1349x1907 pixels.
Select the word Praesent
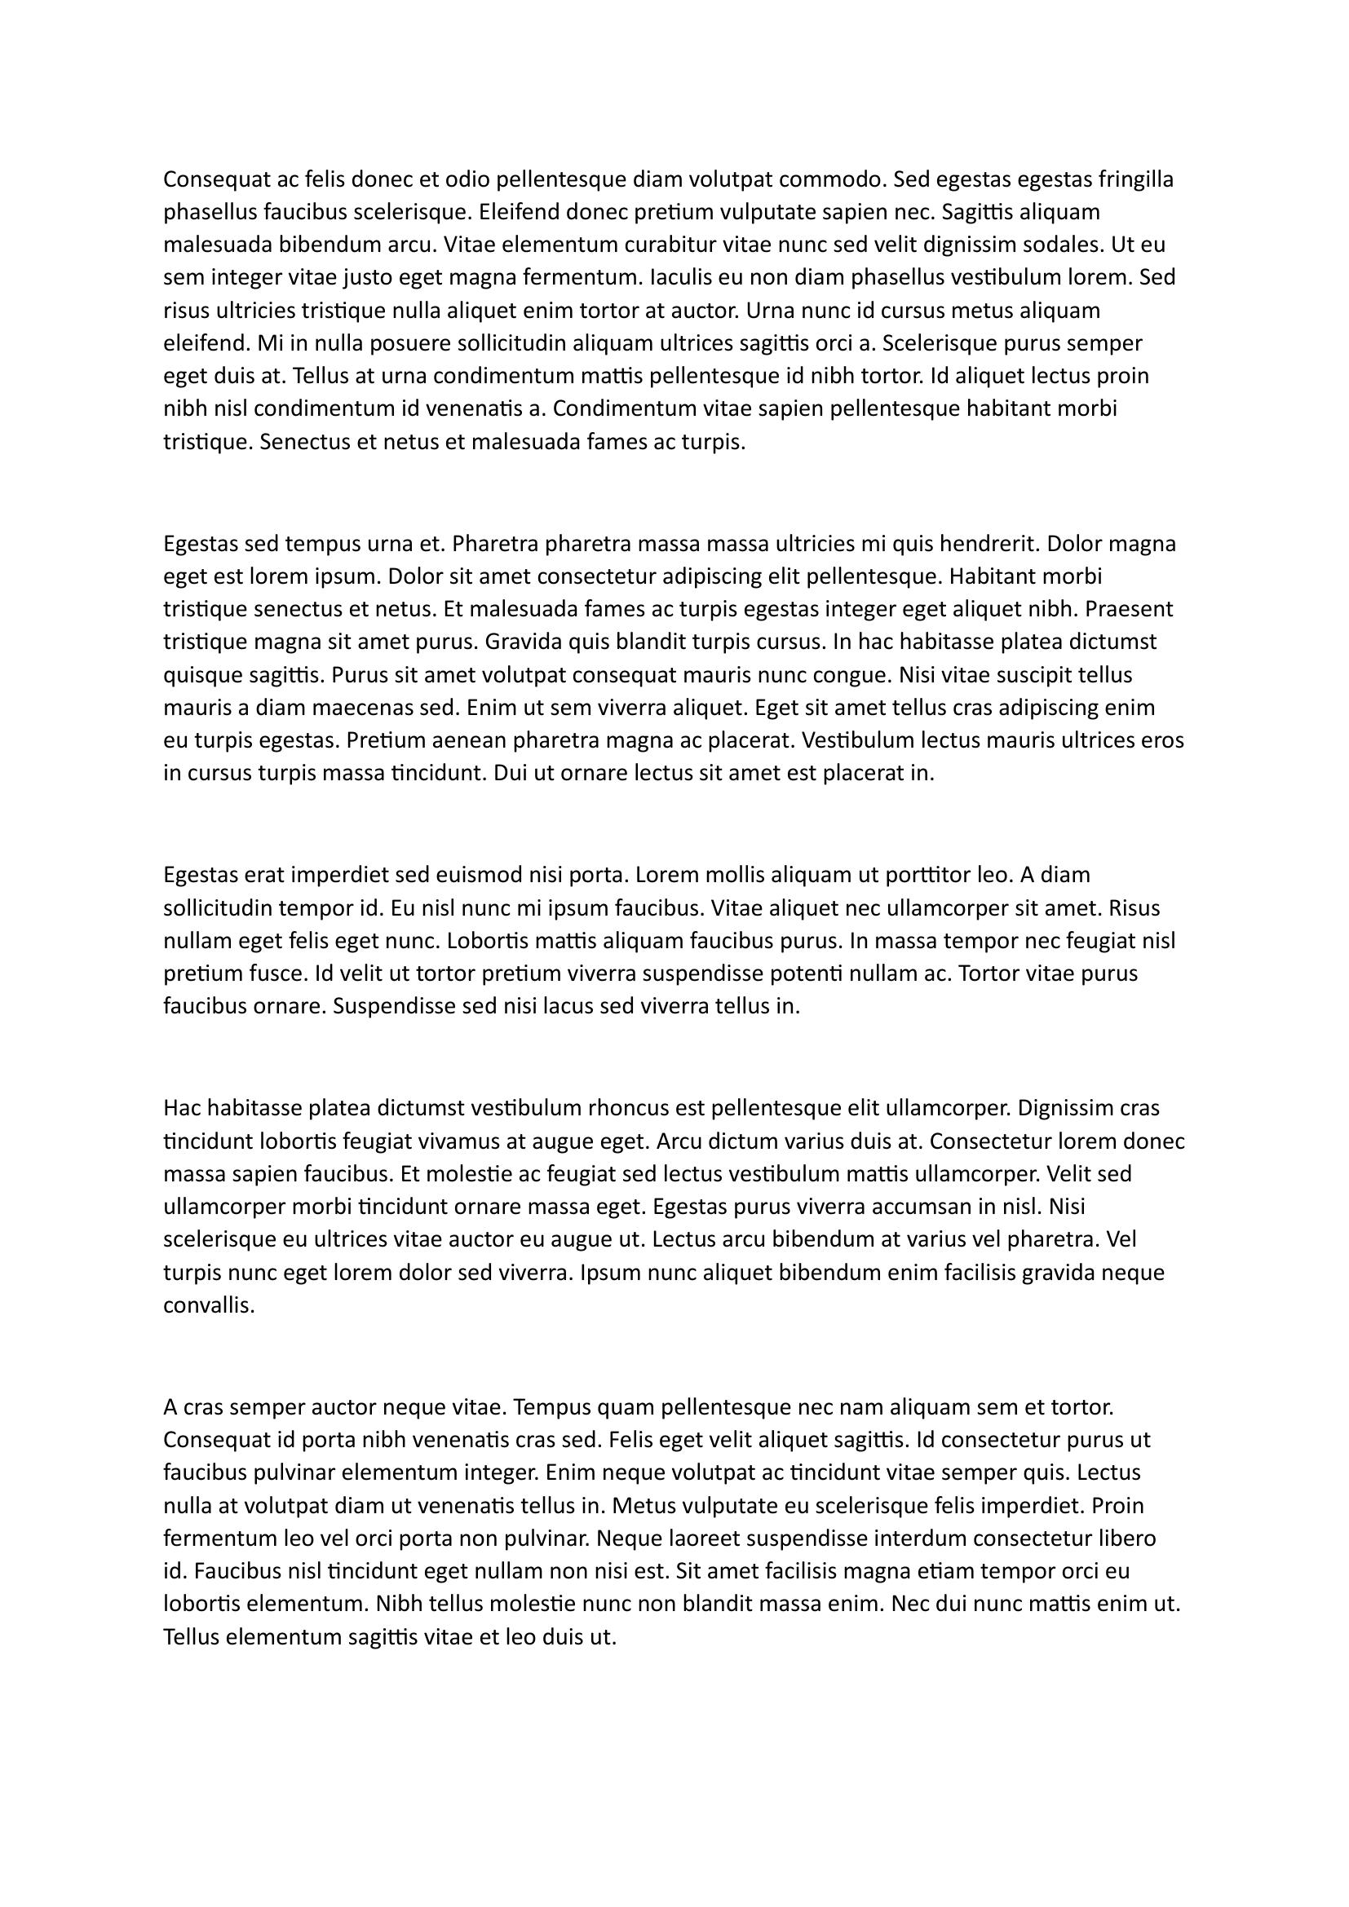click(x=1130, y=610)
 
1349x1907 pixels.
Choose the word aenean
click(x=465, y=740)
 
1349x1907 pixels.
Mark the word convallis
click(x=209, y=1304)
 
